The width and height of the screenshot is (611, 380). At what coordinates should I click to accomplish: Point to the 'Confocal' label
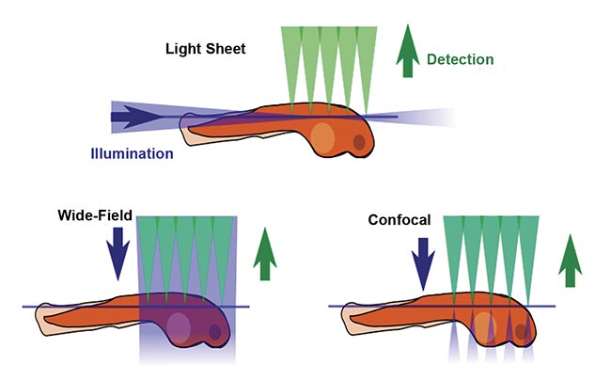pos(399,221)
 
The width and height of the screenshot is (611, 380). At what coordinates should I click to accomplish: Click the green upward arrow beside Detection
pos(406,51)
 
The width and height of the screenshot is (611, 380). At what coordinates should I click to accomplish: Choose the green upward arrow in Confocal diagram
pos(568,261)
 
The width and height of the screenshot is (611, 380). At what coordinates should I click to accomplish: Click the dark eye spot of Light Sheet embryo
pos(358,143)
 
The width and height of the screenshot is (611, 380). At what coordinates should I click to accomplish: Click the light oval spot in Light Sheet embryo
pos(322,136)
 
